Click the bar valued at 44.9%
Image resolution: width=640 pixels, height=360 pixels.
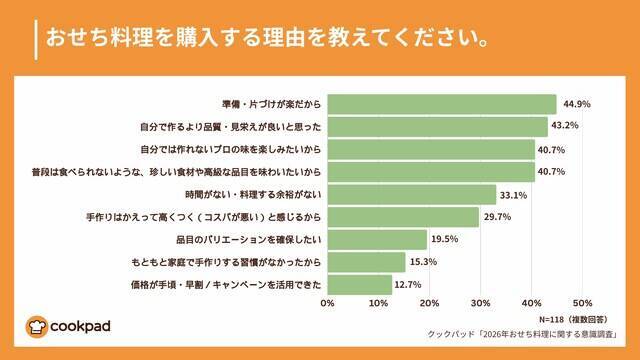coord(441,104)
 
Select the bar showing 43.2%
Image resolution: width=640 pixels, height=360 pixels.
coord(437,127)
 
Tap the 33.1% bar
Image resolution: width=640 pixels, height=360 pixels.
coord(411,194)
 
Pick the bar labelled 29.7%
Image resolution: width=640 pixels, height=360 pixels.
coord(403,216)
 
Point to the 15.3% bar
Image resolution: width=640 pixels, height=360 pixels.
coord(366,261)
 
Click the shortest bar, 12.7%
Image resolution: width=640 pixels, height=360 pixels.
coord(359,284)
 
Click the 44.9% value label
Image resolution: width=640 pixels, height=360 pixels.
coord(578,104)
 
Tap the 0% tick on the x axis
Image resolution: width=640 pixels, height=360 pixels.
coord(327,302)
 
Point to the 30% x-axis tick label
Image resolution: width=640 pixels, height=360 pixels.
coord(481,302)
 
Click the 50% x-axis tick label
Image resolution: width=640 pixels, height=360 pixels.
coord(583,302)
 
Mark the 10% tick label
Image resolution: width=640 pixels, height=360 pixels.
coord(378,302)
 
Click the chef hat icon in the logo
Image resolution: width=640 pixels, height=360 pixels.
coord(38,326)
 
